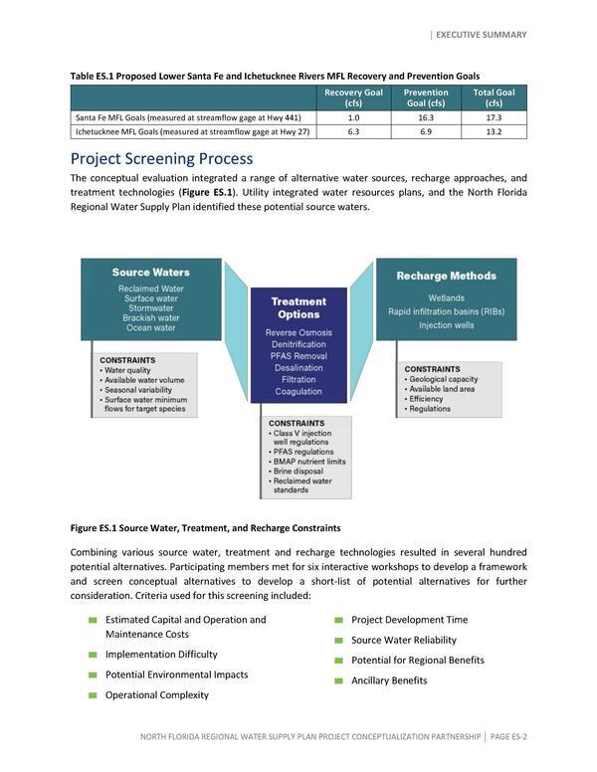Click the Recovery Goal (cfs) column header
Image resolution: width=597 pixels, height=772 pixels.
(353, 97)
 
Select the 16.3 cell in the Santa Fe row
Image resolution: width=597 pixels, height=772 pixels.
(426, 117)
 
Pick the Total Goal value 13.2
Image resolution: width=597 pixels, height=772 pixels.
(494, 131)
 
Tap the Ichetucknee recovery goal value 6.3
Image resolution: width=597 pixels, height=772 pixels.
(353, 131)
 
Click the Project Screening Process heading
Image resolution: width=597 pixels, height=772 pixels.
(161, 159)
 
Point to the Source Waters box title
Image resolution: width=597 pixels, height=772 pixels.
(150, 272)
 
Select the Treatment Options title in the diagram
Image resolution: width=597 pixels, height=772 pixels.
(298, 307)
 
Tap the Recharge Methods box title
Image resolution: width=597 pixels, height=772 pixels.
(446, 276)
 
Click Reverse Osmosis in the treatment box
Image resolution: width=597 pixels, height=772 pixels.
(298, 332)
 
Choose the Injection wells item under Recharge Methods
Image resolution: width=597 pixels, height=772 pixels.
(446, 325)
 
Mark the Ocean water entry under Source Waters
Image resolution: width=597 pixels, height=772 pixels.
(150, 327)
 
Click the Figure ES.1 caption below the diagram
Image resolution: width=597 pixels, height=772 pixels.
(205, 527)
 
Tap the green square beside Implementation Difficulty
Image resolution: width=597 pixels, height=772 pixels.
(93, 656)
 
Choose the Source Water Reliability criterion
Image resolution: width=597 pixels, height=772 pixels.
(403, 640)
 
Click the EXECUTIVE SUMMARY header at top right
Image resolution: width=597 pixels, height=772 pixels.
(482, 35)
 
